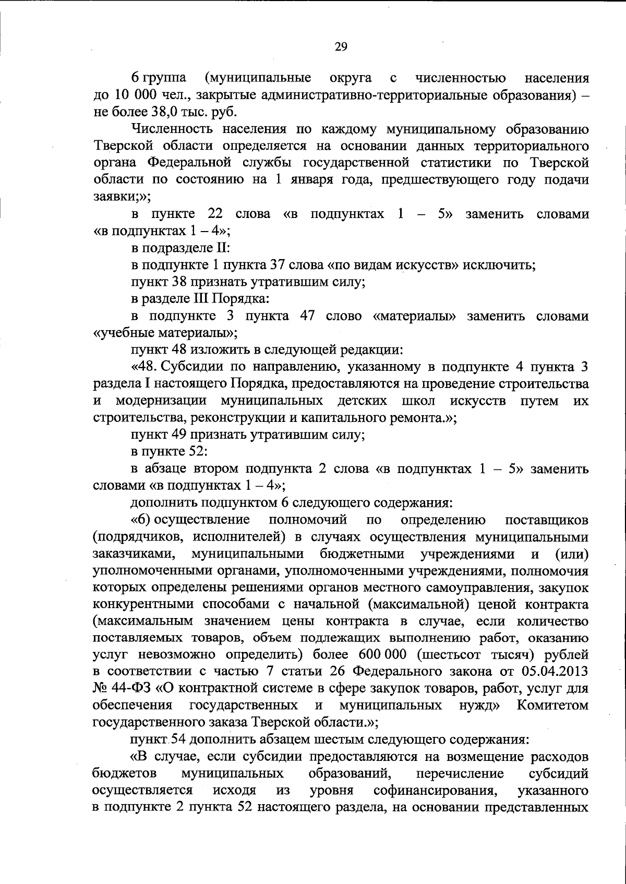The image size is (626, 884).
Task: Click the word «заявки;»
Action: [114, 197]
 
